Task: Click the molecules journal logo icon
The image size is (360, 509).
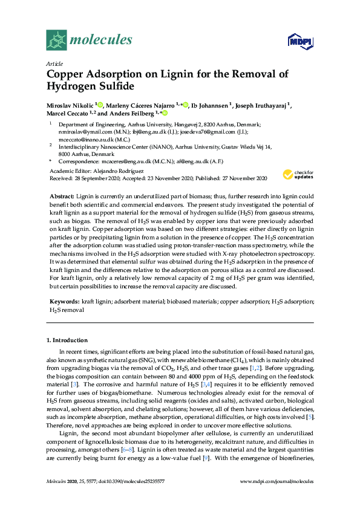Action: [x=56, y=40]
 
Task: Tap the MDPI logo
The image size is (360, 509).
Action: [x=303, y=41]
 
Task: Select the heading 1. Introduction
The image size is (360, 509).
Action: [x=67, y=340]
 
